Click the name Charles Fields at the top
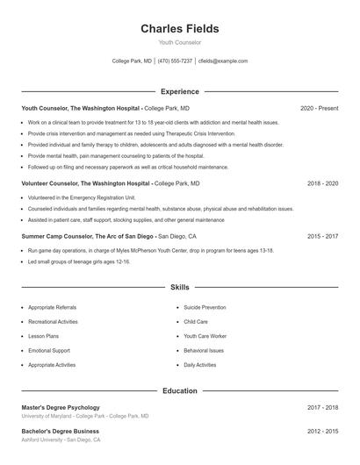[179, 29]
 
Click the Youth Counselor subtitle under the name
[179, 42]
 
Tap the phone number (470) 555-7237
[175, 61]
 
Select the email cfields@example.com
[223, 61]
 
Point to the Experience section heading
[179, 91]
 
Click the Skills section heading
[179, 287]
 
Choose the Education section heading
[179, 390]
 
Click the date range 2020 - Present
[319, 108]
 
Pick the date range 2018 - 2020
[322, 183]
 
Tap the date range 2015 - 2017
[322, 236]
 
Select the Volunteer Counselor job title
[85, 183]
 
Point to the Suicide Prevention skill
[205, 307]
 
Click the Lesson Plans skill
[44, 336]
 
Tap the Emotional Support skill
[49, 350]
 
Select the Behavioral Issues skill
[204, 350]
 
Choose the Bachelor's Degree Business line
[61, 431]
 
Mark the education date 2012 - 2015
[322, 431]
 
